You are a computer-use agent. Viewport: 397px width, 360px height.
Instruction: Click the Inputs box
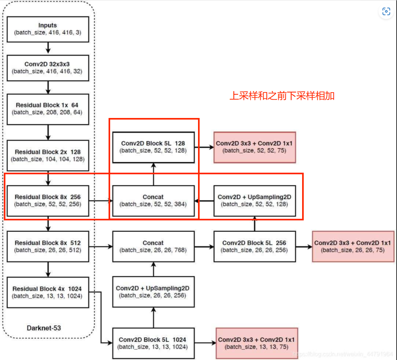[48, 29]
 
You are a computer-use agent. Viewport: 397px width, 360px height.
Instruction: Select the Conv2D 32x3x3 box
[48, 68]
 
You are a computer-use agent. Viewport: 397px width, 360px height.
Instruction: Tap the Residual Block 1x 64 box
[48, 109]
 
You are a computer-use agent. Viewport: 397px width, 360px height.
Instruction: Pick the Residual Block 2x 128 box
[48, 156]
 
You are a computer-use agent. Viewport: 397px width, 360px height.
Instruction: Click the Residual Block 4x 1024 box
[48, 292]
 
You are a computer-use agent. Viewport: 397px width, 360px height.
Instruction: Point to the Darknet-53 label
[44, 328]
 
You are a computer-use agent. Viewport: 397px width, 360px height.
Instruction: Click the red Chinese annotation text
[282, 96]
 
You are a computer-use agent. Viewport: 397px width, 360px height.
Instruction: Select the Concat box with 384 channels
[153, 201]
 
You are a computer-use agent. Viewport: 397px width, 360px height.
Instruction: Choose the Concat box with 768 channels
[153, 246]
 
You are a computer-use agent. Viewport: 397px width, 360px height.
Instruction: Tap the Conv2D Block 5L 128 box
[153, 147]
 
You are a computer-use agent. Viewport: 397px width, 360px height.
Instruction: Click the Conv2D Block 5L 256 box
[254, 246]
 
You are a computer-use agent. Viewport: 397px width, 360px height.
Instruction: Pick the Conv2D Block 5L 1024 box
[153, 343]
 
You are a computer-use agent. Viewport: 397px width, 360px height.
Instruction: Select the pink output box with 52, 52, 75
[254, 147]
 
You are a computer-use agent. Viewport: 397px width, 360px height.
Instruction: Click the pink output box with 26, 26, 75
[353, 246]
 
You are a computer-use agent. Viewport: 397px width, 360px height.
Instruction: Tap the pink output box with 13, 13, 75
[257, 343]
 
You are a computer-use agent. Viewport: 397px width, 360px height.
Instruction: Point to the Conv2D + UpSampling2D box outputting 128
[254, 201]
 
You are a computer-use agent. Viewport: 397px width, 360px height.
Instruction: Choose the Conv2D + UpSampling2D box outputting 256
[153, 292]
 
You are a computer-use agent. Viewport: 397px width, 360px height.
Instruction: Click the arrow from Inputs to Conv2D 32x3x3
[48, 48]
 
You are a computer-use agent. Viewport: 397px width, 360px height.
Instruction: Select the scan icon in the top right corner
[386, 12]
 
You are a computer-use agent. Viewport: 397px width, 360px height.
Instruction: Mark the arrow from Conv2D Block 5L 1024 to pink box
[205, 343]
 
